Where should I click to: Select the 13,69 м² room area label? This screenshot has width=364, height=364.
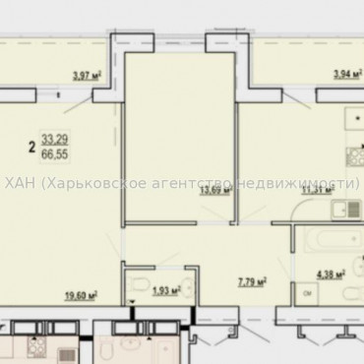(x=213, y=191)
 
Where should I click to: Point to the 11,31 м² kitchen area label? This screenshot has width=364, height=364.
(x=315, y=192)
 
